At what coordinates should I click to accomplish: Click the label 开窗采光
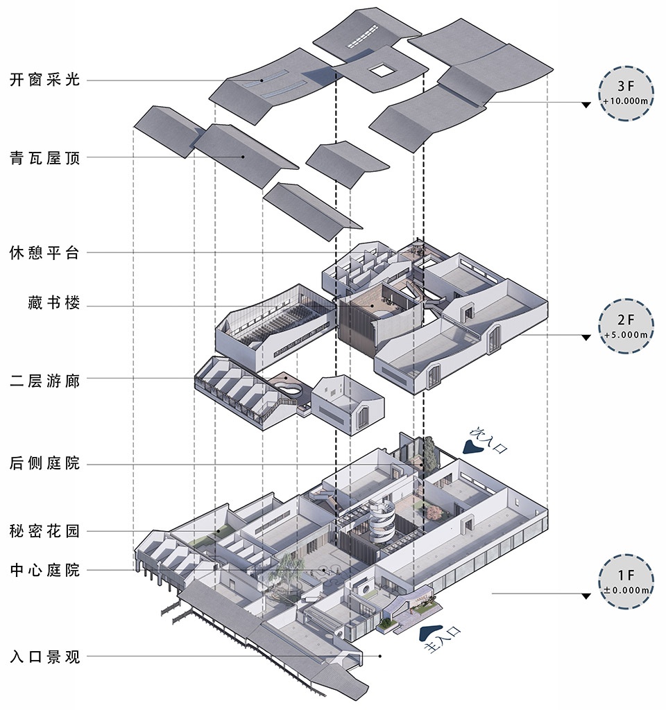point(45,80)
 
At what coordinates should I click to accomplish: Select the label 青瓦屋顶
point(45,158)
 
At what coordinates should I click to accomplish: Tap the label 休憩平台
point(45,252)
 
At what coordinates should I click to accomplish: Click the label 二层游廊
point(45,380)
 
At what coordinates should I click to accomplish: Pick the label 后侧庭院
point(45,463)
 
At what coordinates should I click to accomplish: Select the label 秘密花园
point(45,532)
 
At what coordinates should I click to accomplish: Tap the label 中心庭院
point(45,571)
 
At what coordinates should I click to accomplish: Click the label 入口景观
point(45,656)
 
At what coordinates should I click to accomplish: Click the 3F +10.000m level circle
point(626,94)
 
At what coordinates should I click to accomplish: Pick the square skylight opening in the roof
point(381,69)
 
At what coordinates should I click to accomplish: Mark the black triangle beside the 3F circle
point(586,105)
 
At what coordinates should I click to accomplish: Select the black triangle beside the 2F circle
point(586,337)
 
